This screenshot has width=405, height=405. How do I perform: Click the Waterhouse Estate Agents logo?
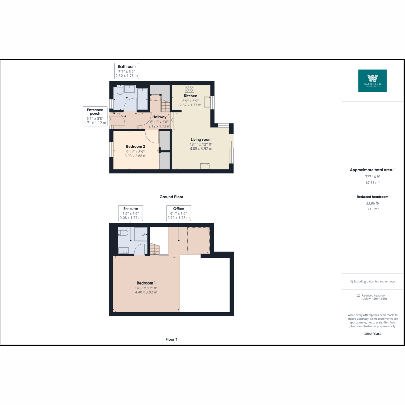click(x=372, y=81)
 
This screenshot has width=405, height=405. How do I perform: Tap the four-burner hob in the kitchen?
click(x=189, y=89)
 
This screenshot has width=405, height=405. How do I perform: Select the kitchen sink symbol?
click(x=207, y=102)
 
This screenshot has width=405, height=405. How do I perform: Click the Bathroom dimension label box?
click(x=127, y=71)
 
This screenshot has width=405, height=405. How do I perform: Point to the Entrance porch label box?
click(x=95, y=116)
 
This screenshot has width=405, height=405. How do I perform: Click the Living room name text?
click(x=201, y=139)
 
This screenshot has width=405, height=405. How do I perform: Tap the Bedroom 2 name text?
click(x=135, y=147)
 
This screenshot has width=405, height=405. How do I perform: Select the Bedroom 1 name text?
click(x=146, y=283)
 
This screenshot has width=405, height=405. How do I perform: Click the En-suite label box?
click(x=131, y=213)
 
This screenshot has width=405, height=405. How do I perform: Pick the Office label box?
click(x=179, y=213)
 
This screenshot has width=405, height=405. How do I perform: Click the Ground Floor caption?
click(x=171, y=197)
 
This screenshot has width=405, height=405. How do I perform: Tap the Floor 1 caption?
click(x=171, y=339)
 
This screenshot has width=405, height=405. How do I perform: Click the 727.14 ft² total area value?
click(x=372, y=177)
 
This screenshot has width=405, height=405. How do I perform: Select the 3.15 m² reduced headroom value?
click(x=372, y=209)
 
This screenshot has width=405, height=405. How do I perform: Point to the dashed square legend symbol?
click(x=358, y=295)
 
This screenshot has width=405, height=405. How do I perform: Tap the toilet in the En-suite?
click(x=123, y=233)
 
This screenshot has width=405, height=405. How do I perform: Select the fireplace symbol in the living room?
click(x=205, y=166)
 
